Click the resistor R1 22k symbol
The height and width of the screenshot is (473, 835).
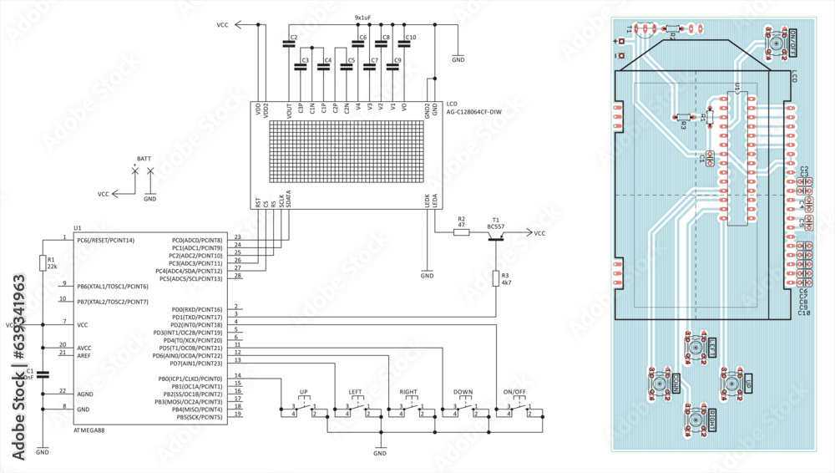click(x=43, y=263)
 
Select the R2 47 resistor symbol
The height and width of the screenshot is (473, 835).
click(x=462, y=233)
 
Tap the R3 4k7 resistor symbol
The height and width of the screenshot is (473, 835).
click(x=496, y=279)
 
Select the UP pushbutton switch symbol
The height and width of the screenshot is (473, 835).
click(x=304, y=408)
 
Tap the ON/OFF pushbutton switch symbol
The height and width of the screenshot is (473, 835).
click(x=514, y=408)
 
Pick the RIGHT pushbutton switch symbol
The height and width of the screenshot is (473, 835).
click(x=408, y=408)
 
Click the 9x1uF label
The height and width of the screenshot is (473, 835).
click(x=363, y=17)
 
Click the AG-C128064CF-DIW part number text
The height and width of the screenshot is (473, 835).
click(x=474, y=111)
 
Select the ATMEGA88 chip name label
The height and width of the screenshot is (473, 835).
click(x=89, y=430)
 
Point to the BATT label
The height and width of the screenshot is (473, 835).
click(x=144, y=158)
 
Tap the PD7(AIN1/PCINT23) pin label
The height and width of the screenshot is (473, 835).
click(x=195, y=364)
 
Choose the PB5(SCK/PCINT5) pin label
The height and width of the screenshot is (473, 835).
click(x=195, y=417)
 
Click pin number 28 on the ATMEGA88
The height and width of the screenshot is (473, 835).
click(x=238, y=276)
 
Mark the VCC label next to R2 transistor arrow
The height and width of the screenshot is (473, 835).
click(x=539, y=233)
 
